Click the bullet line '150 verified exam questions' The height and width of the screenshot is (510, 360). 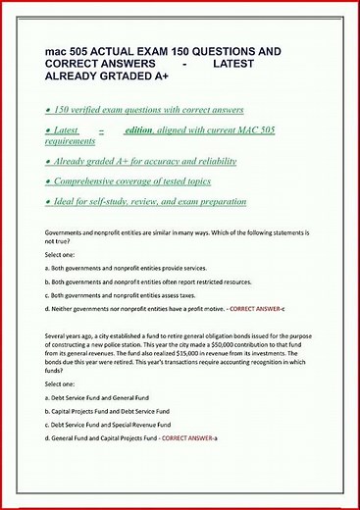(x=147, y=109)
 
